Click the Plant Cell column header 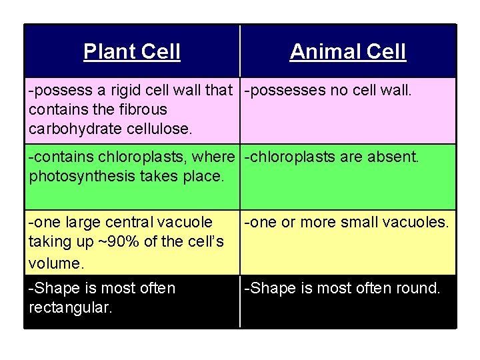pyautogui.click(x=132, y=51)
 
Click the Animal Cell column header pyautogui.click(x=347, y=51)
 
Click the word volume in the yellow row pyautogui.click(x=55, y=263)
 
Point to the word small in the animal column pyautogui.click(x=361, y=221)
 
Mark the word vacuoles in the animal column pyautogui.click(x=417, y=221)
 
